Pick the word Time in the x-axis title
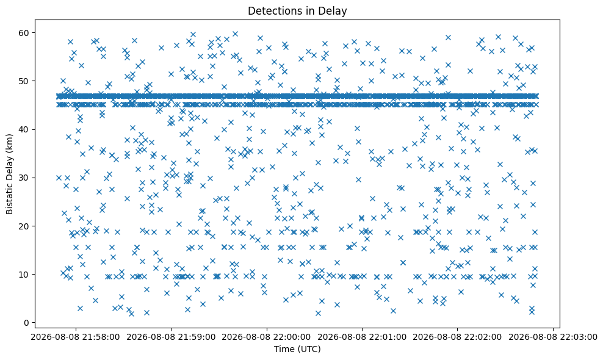click(x=283, y=349)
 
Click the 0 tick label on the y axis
click(x=26, y=323)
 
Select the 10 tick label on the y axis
click(x=24, y=274)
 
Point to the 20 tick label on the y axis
click(x=24, y=226)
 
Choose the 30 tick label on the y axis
click(x=24, y=178)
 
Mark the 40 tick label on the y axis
click(x=24, y=129)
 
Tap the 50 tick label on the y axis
click(x=24, y=81)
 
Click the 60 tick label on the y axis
click(x=24, y=33)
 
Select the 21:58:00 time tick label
click(x=76, y=337)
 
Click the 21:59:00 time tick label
click(x=171, y=337)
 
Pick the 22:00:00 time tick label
click(x=267, y=337)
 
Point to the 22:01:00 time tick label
click(x=362, y=337)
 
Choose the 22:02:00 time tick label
click(x=457, y=337)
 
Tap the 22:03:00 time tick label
click(x=553, y=337)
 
